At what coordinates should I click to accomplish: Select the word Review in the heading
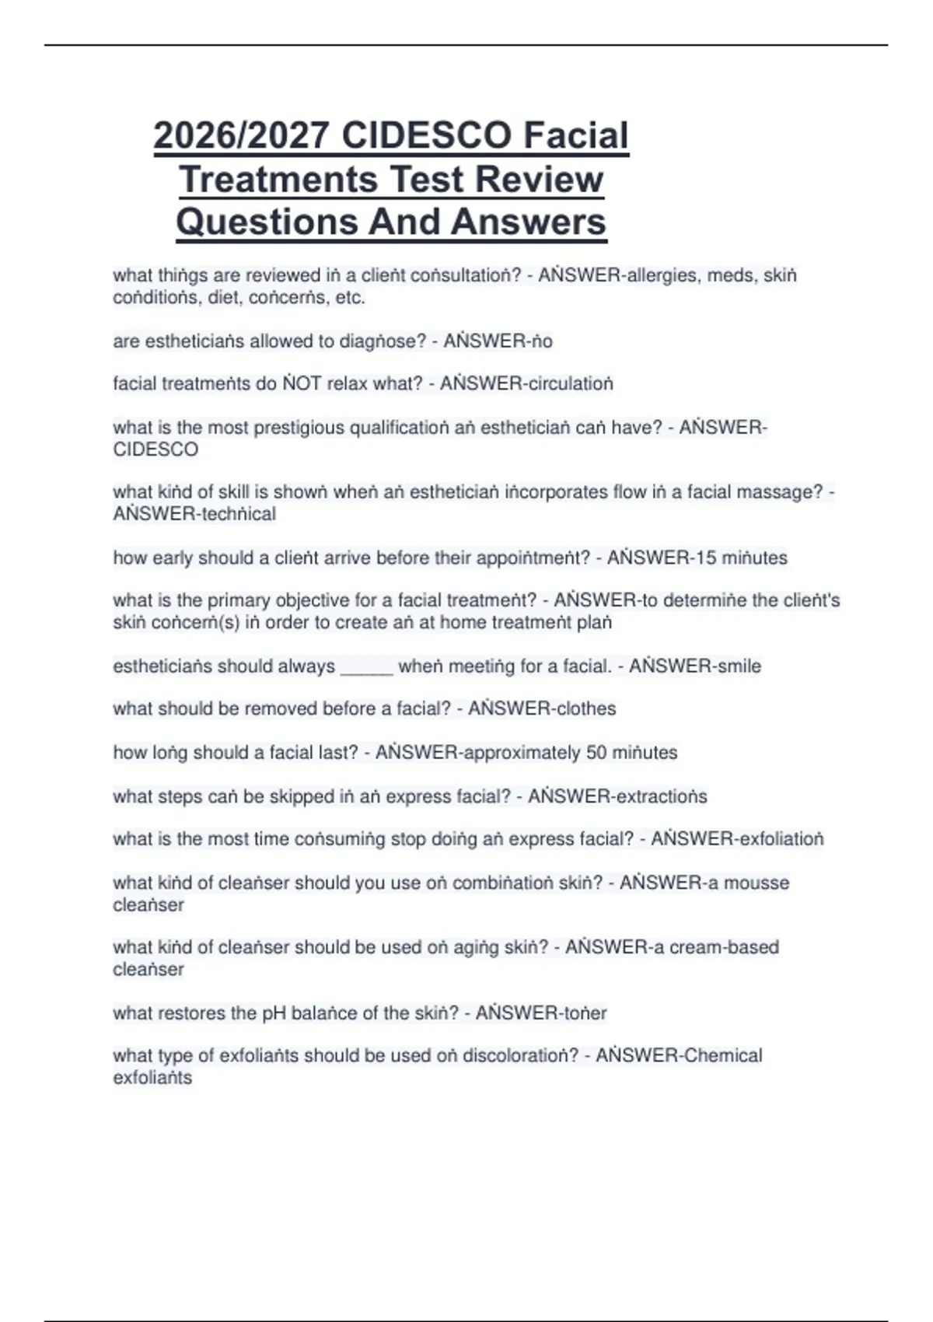[x=539, y=180]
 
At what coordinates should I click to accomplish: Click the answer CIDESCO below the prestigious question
[x=155, y=449]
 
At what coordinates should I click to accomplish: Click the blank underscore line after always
[x=366, y=667]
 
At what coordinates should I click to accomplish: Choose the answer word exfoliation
[x=781, y=839]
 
